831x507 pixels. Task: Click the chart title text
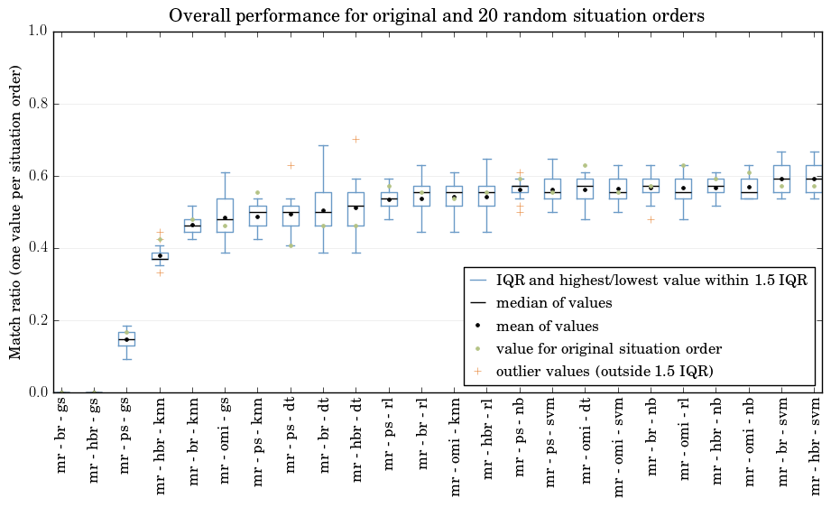pos(437,16)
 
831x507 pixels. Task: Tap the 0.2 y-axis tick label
pos(38,320)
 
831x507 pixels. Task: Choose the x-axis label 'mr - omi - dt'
pos(585,442)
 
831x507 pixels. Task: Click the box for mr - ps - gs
pos(126,339)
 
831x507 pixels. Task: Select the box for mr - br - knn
pos(192,226)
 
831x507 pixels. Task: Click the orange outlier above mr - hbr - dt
pos(356,139)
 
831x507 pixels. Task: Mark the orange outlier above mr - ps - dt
pos(291,165)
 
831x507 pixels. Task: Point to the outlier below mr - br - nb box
pos(651,219)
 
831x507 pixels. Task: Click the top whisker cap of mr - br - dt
pos(323,145)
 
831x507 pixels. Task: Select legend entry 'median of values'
pos(554,303)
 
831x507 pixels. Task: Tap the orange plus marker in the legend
pos(477,371)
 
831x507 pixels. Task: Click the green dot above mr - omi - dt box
pos(585,166)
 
